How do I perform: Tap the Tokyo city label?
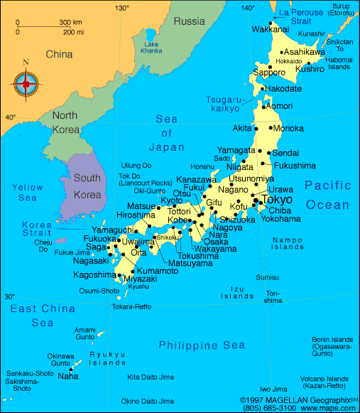click(x=277, y=200)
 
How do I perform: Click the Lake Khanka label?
click(x=151, y=49)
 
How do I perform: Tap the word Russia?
click(x=189, y=21)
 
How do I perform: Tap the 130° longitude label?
click(x=122, y=8)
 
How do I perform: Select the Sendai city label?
click(x=285, y=153)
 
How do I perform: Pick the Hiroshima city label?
click(x=136, y=215)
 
